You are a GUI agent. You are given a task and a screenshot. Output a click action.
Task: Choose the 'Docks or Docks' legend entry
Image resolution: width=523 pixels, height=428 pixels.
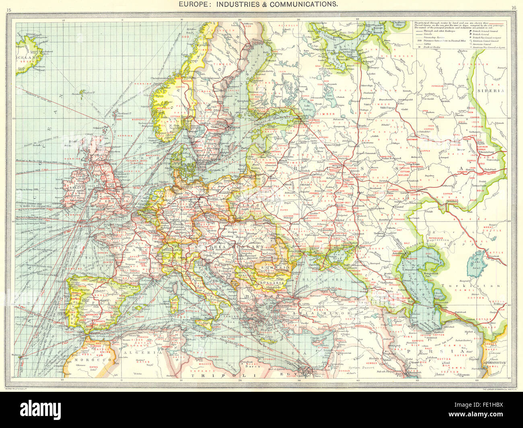[430, 47]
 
